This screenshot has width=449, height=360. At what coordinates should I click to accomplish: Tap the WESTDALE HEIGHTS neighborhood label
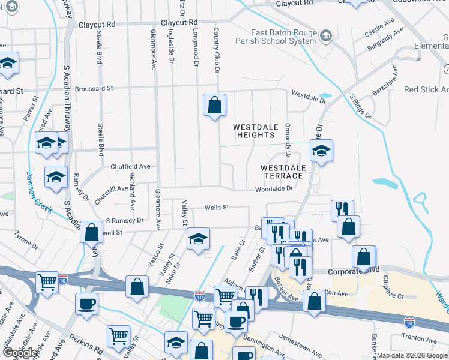(254, 131)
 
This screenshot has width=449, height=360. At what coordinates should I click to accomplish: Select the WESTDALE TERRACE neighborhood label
(282, 172)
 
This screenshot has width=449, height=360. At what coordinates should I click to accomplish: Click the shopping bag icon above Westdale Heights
(214, 106)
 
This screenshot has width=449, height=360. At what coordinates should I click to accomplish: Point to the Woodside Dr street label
(273, 188)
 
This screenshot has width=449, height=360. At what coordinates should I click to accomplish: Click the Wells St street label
(217, 208)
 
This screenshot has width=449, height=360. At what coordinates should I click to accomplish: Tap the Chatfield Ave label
(130, 166)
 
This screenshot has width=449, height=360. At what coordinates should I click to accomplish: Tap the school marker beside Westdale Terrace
(321, 151)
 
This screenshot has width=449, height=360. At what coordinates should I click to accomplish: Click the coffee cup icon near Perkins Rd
(86, 305)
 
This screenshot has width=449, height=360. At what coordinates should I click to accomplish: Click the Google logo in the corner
(20, 353)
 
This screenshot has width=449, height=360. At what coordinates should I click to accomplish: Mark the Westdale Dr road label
(309, 95)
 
